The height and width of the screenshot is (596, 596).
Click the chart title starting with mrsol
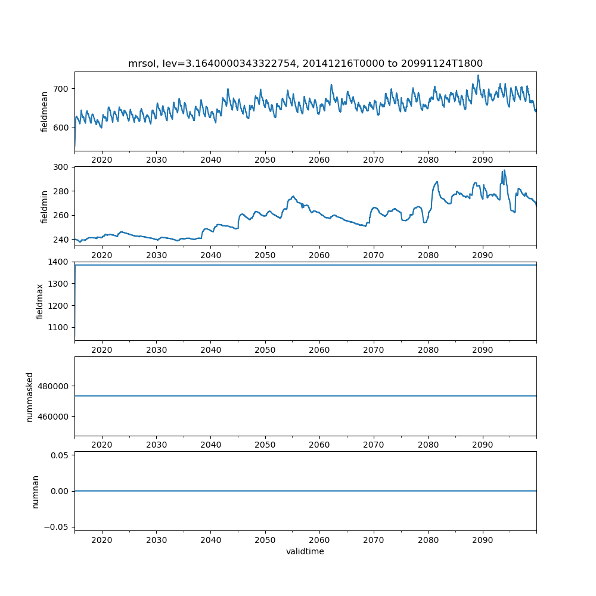point(305,63)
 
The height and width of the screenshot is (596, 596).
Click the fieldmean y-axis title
point(45,111)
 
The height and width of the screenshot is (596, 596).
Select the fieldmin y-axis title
point(45,206)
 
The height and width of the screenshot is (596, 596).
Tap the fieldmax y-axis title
point(40,301)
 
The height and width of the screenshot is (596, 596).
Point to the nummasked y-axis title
point(29,396)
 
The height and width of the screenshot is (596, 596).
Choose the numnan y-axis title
point(35,491)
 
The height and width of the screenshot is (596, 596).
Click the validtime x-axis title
point(305,551)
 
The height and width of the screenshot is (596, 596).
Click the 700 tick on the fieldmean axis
point(62,89)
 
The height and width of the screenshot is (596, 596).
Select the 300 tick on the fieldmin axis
point(62,167)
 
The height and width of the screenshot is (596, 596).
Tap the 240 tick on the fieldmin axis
point(62,240)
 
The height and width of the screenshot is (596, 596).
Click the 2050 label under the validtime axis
point(265,539)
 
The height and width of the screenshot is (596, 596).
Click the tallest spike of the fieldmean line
point(478,75)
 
